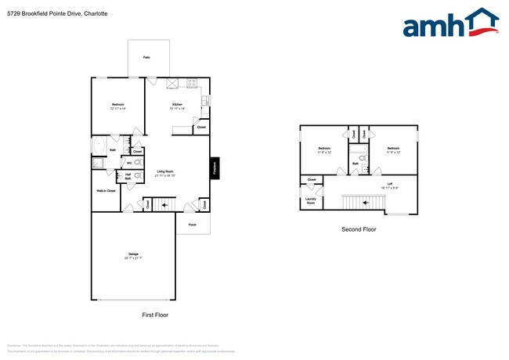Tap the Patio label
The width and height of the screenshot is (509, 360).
pos(146,58)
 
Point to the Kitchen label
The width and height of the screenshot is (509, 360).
pos(177,105)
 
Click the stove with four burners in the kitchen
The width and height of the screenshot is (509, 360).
pos(191,83)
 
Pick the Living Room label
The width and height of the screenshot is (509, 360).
pos(164,172)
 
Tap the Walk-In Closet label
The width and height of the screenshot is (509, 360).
pos(106,191)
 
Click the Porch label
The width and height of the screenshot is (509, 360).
pos(192,225)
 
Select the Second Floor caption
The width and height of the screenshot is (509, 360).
pos(359,229)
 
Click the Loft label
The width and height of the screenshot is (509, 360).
pos(389,185)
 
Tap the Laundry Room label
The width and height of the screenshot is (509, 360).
pos(310,200)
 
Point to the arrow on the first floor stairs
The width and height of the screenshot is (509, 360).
pos(164,206)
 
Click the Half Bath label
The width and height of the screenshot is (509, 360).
pos(128,178)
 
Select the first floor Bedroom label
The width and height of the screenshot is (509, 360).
pos(117,105)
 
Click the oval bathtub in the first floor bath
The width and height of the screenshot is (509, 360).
pos(99,146)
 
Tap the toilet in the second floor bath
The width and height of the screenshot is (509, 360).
pos(363,158)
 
